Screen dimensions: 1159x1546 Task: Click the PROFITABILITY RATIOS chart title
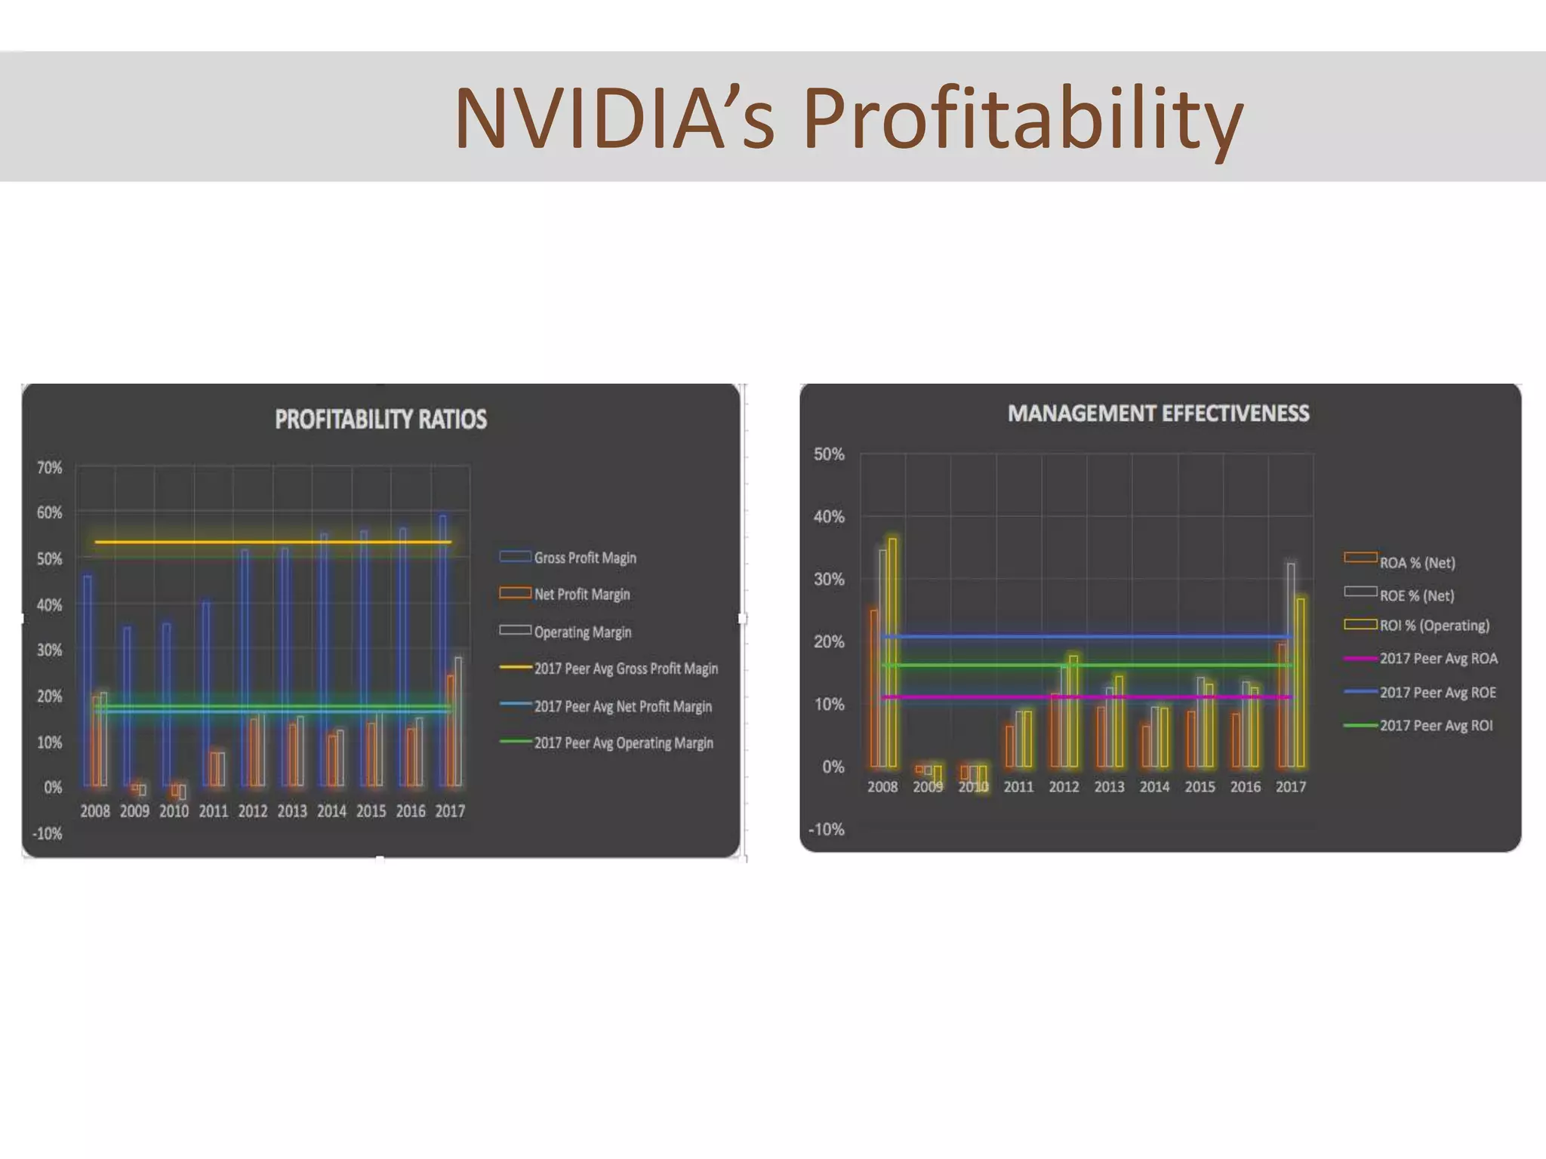click(x=380, y=420)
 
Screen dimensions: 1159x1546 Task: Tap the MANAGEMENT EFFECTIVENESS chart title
click(x=1158, y=413)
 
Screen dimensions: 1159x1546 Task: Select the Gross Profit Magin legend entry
click(x=584, y=558)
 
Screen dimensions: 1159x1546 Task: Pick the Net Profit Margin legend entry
click(x=581, y=595)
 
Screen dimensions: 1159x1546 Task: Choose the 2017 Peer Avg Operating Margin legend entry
click(x=623, y=743)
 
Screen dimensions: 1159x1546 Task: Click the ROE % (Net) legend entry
click(x=1416, y=595)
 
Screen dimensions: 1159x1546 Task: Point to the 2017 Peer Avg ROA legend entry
click(x=1438, y=659)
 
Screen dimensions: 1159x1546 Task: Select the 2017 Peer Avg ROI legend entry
click(x=1436, y=726)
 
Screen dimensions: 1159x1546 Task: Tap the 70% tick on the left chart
click(x=50, y=468)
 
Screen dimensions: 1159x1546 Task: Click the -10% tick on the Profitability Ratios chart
click(x=48, y=834)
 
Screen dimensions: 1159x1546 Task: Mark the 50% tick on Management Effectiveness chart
click(x=828, y=454)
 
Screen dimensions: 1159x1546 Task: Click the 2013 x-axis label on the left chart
click(x=292, y=811)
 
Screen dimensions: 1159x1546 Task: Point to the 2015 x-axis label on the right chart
click(x=1200, y=787)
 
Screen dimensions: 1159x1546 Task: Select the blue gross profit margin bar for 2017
click(x=443, y=649)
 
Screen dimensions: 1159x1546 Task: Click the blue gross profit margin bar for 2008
click(x=88, y=679)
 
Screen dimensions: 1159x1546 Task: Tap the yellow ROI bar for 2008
click(x=892, y=653)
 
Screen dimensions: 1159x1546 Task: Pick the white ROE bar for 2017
click(x=1291, y=664)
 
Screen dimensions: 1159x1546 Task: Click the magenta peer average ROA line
click(x=1087, y=697)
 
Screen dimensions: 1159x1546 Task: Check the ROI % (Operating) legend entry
click(x=1434, y=626)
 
